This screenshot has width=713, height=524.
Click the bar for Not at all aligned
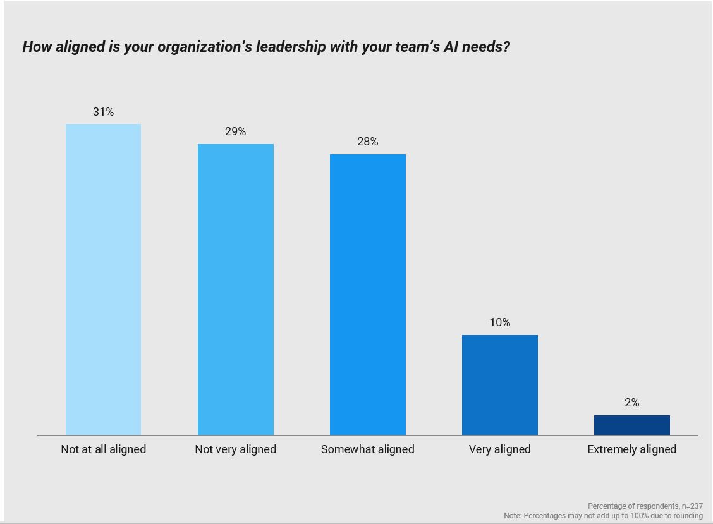click(x=103, y=279)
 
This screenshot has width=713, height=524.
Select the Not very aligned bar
click(x=235, y=289)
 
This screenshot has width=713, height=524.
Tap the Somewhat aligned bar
click(x=367, y=295)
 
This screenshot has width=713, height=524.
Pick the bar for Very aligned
click(x=499, y=385)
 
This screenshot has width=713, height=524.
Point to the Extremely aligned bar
click(x=631, y=425)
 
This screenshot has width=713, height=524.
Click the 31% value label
click(x=103, y=112)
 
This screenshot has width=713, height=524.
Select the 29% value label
click(x=235, y=131)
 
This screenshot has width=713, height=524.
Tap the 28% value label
click(x=367, y=142)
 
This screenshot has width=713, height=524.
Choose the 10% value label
click(x=499, y=322)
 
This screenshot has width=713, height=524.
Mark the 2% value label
click(x=631, y=403)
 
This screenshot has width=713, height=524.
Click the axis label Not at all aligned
click(x=103, y=449)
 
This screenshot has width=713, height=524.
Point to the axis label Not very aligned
click(x=235, y=449)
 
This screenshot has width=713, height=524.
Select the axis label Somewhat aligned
click(x=367, y=449)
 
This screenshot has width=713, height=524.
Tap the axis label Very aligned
click(x=499, y=449)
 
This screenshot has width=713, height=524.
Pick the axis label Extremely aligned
click(x=631, y=449)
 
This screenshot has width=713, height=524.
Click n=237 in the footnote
click(x=692, y=506)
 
